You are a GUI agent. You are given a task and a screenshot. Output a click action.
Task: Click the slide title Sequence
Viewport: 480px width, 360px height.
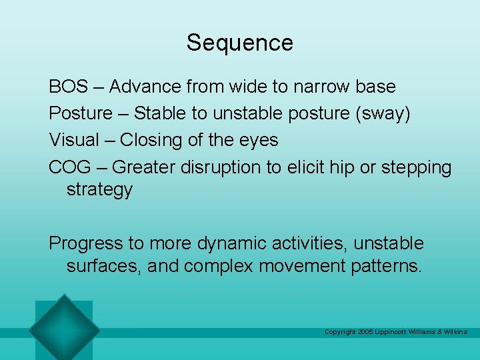[239, 43]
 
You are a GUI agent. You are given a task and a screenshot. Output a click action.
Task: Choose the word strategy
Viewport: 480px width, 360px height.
[99, 190]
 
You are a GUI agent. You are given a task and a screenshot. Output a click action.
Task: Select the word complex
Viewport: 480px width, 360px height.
[218, 267]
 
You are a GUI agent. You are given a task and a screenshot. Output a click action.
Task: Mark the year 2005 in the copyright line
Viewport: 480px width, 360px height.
[366, 332]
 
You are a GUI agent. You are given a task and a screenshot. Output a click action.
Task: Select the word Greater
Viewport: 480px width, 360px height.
[145, 167]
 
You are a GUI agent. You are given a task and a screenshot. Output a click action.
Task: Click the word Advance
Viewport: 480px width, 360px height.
[145, 87]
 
